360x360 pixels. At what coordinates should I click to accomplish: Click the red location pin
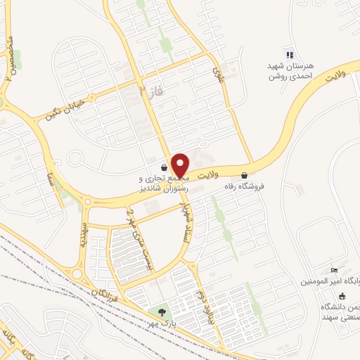180,165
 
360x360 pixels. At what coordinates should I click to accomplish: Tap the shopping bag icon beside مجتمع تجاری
164,168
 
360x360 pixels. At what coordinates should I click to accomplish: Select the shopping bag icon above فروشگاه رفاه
244,176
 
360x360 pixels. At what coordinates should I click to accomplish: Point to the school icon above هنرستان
288,54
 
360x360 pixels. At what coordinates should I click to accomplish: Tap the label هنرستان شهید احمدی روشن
289,70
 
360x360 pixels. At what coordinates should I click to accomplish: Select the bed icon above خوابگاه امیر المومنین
335,271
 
